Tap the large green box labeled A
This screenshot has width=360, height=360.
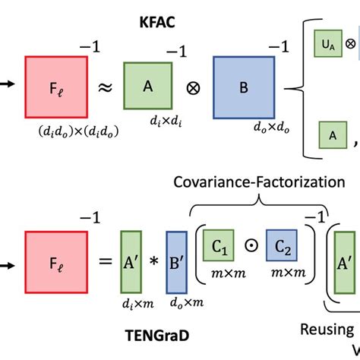click(x=148, y=87)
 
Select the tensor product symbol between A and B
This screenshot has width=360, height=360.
click(x=195, y=88)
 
